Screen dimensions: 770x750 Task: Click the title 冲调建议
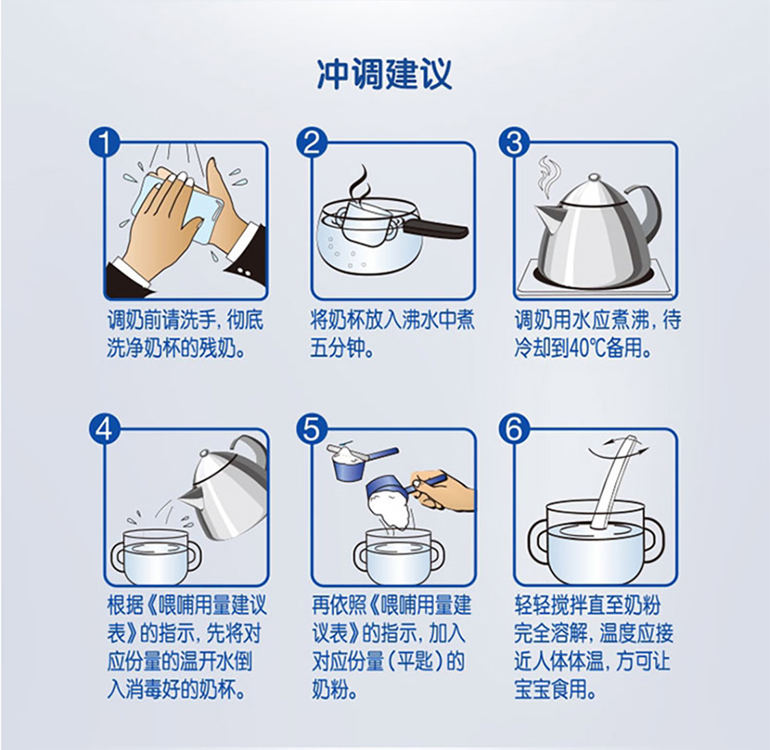(385, 75)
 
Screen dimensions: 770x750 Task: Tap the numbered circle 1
(105, 143)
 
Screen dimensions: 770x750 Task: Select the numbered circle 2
(311, 143)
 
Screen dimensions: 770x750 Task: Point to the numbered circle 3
(514, 143)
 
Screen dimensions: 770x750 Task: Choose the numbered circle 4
(105, 429)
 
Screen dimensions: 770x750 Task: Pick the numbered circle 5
(311, 429)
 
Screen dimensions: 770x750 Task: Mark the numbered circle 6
(514, 429)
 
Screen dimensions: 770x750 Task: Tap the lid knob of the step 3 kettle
(594, 177)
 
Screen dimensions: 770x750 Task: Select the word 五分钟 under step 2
(338, 348)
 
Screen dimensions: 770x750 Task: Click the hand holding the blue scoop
(440, 490)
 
